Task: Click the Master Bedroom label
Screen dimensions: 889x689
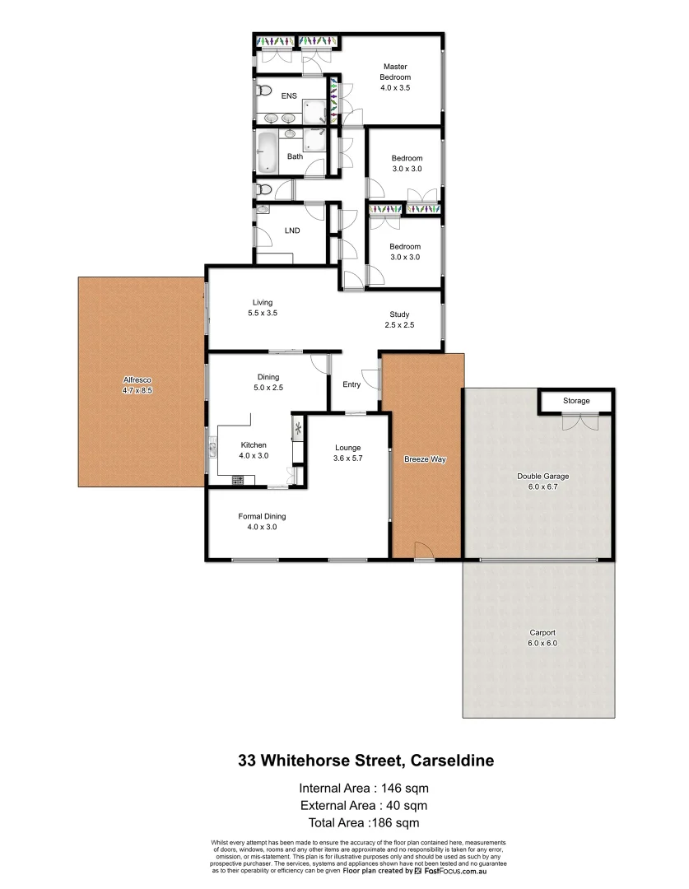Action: click(394, 72)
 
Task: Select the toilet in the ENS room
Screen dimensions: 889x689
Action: click(263, 90)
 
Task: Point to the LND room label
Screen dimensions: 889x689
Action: click(291, 231)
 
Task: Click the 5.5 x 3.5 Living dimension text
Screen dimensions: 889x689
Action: click(263, 314)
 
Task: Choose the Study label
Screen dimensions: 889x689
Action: click(399, 314)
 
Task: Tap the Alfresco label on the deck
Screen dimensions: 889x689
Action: click(137, 379)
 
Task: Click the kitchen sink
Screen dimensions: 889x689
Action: click(212, 449)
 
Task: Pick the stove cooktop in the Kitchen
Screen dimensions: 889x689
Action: click(239, 479)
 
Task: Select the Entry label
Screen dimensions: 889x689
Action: click(351, 384)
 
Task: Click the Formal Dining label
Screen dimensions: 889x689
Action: click(262, 516)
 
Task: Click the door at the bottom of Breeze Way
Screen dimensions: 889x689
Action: click(423, 552)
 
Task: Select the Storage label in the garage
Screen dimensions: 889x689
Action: click(576, 401)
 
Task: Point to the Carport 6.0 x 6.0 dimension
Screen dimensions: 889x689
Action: click(542, 644)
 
